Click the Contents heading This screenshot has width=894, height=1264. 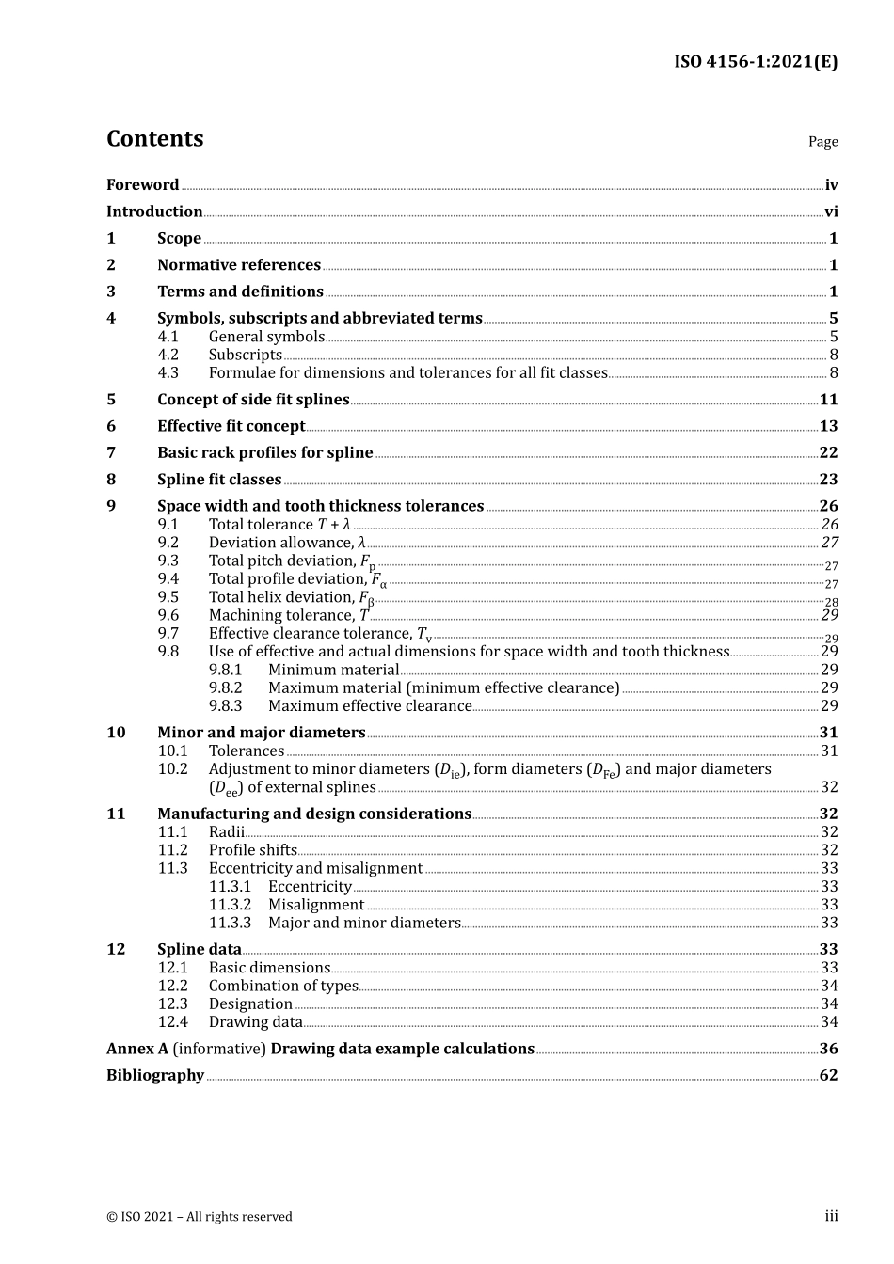[154, 139]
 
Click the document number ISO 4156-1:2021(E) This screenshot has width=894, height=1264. [755, 62]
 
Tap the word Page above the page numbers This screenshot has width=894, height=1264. [822, 142]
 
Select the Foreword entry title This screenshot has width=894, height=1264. [142, 185]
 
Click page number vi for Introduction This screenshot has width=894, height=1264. [831, 212]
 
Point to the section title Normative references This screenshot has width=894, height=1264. [239, 265]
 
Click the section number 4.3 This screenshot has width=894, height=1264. [168, 372]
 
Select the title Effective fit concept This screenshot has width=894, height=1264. [231, 426]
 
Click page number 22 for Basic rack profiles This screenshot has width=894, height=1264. [828, 452]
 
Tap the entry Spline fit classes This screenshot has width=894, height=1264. [219, 480]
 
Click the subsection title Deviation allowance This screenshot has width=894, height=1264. [280, 543]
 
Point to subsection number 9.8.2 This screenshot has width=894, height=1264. [225, 687]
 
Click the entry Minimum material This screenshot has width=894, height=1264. [333, 670]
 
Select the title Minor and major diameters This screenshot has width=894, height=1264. [261, 733]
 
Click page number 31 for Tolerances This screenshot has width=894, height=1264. [829, 750]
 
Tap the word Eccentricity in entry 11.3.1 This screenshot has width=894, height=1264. [310, 886]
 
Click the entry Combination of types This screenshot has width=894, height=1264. [283, 986]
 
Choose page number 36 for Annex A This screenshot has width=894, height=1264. [828, 1049]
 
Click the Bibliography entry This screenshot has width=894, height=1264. [155, 1075]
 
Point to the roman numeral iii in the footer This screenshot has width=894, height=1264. [831, 1216]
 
